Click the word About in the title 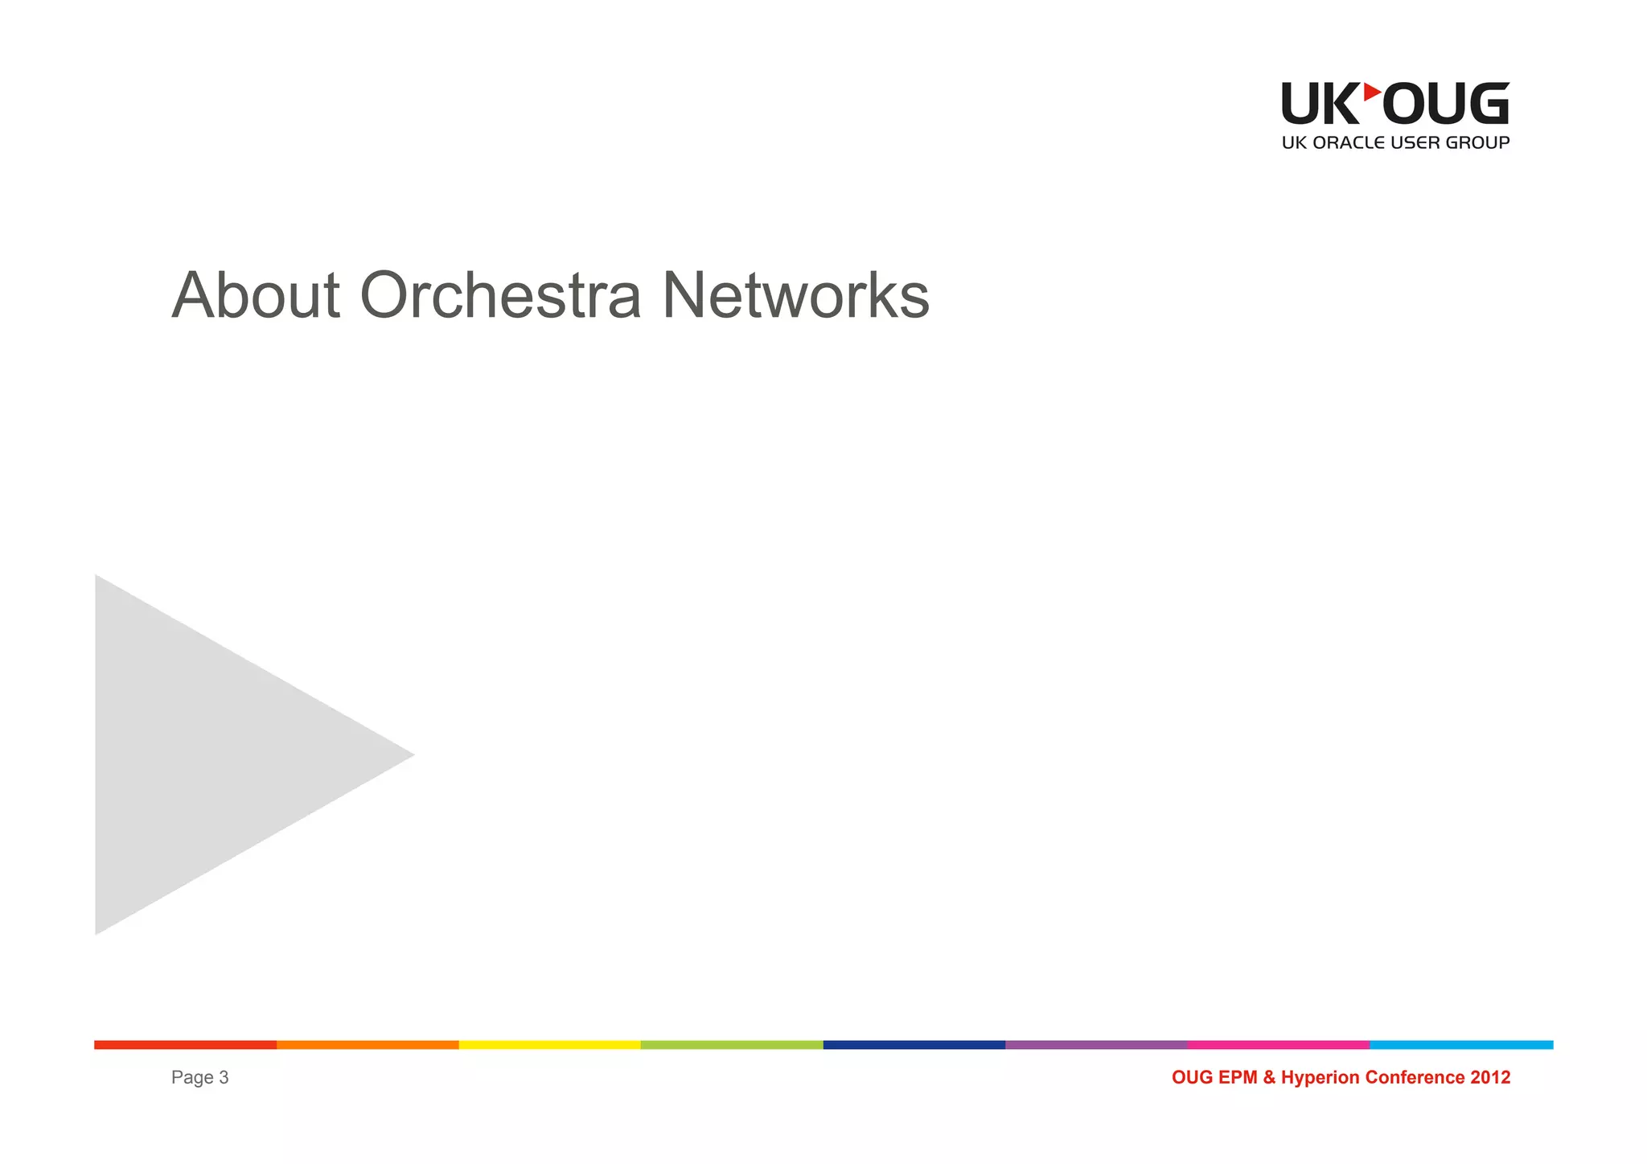pyautogui.click(x=256, y=296)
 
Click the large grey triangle pyautogui.click(x=201, y=755)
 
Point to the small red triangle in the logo pyautogui.click(x=1371, y=92)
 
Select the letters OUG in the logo pyautogui.click(x=1445, y=104)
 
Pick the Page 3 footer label pyautogui.click(x=199, y=1078)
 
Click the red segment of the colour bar pyautogui.click(x=185, y=1045)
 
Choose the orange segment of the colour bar pyautogui.click(x=368, y=1045)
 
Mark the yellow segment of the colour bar pyautogui.click(x=549, y=1045)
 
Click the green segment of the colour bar pyautogui.click(x=732, y=1045)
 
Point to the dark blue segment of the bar pyautogui.click(x=914, y=1045)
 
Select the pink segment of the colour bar pyautogui.click(x=1279, y=1045)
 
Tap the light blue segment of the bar pyautogui.click(x=1461, y=1045)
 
